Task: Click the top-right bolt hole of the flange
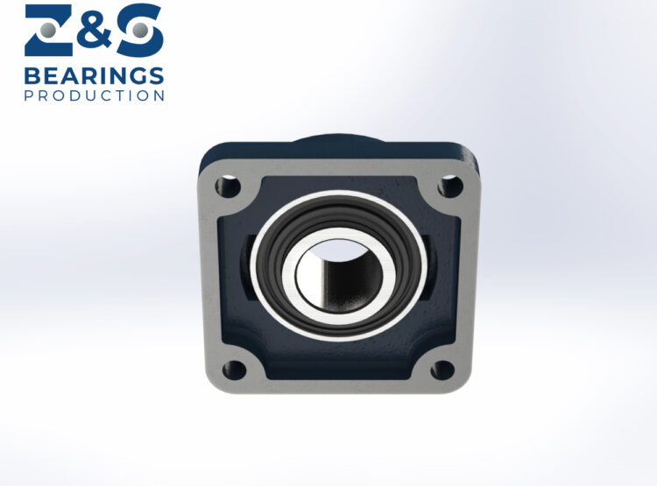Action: pyautogui.click(x=450, y=186)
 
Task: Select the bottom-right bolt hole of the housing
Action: pyautogui.click(x=444, y=370)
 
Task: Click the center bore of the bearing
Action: pyautogui.click(x=340, y=274)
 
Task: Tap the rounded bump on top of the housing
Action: pyautogui.click(x=338, y=143)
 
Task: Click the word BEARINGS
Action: pyautogui.click(x=94, y=75)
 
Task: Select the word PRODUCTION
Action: pyautogui.click(x=94, y=95)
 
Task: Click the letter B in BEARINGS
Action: pyautogui.click(x=32, y=75)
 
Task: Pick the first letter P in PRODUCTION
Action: pyautogui.click(x=29, y=95)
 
